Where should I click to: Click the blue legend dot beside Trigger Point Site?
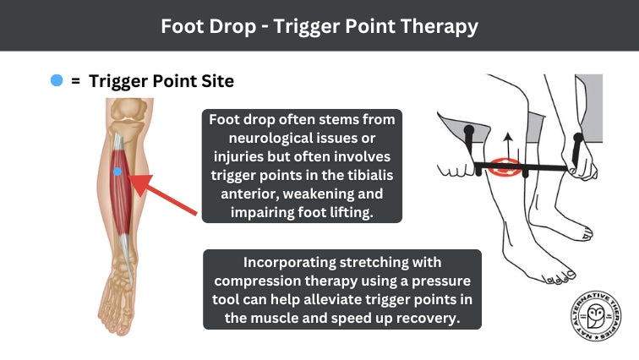pyautogui.click(x=57, y=81)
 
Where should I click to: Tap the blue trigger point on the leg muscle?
pyautogui.click(x=117, y=172)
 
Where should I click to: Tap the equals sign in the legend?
pyautogui.click(x=75, y=81)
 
